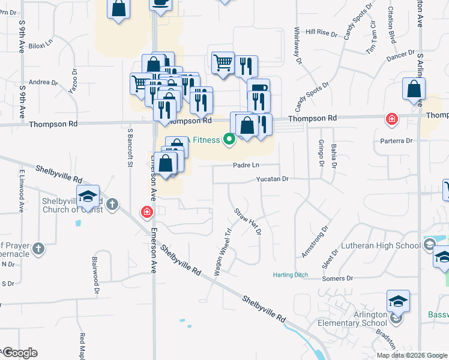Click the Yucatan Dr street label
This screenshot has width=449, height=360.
pyautogui.click(x=273, y=179)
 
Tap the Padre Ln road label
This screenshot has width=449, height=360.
pyautogui.click(x=247, y=165)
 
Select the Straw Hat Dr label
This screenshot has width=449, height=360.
pyautogui.click(x=248, y=221)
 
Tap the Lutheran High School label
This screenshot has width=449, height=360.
pyautogui.click(x=381, y=245)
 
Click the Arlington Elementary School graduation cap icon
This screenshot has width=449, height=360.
pyautogui.click(x=398, y=302)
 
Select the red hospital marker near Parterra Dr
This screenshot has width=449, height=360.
pyautogui.click(x=392, y=119)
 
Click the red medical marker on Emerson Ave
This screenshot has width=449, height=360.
pyautogui.click(x=146, y=212)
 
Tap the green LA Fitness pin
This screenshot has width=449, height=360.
pyautogui.click(x=229, y=140)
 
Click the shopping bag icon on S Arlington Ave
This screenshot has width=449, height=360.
pyautogui.click(x=414, y=90)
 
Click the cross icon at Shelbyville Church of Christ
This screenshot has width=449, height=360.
pyautogui.click(x=112, y=206)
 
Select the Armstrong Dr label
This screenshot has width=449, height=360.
pyautogui.click(x=316, y=242)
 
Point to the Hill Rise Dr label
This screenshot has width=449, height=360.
pyautogui.click(x=319, y=31)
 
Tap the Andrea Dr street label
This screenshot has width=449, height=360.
pyautogui.click(x=43, y=82)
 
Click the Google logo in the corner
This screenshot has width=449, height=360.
pyautogui.click(x=19, y=353)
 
